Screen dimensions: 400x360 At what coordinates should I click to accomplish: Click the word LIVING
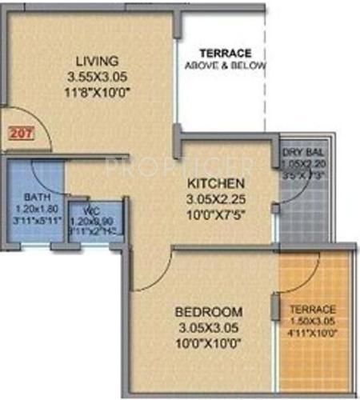[97, 62]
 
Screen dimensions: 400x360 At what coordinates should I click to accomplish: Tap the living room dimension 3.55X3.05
[98, 77]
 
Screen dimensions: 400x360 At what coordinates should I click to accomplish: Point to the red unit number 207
[21, 134]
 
